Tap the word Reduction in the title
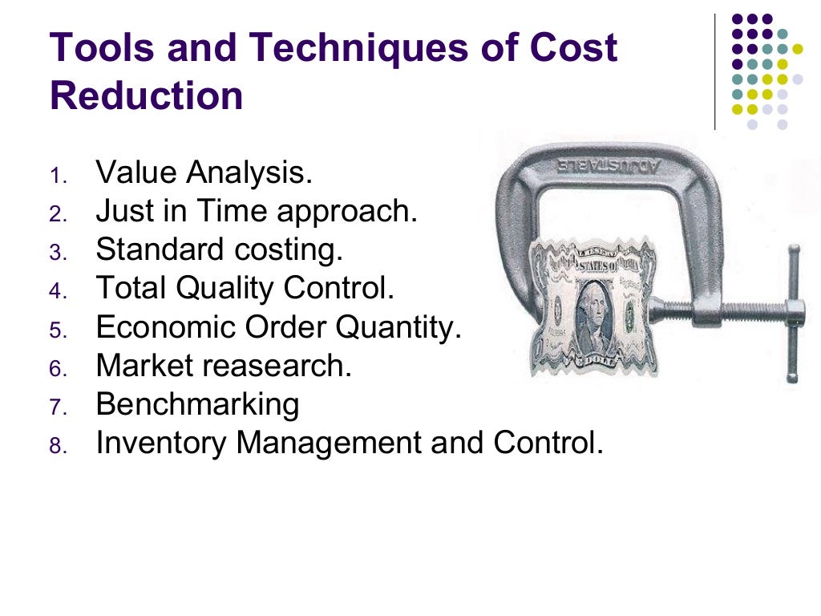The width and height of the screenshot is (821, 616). (146, 96)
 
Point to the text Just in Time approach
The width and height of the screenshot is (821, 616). (257, 212)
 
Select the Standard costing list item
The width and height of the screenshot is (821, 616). (219, 250)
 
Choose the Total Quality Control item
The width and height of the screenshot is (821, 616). (245, 289)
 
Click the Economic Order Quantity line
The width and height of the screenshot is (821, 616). (278, 327)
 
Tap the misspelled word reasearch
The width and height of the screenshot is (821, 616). (277, 367)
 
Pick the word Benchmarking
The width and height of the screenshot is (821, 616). (197, 404)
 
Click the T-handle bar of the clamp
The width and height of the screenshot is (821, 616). (792, 313)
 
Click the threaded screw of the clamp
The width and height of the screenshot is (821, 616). (722, 308)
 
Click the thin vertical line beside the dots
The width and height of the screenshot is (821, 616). (715, 72)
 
